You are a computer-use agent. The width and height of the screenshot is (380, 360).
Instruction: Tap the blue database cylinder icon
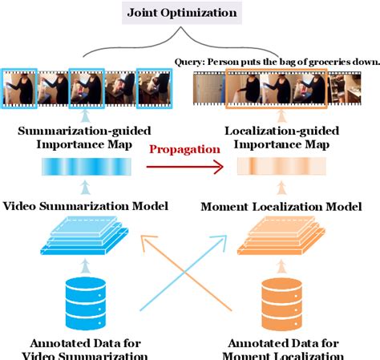[80, 297]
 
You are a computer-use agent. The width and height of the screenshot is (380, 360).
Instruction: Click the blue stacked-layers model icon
[80, 237]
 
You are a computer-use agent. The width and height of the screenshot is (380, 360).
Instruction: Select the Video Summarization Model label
[86, 206]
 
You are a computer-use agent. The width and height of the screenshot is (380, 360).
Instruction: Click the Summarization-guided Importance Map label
[86, 137]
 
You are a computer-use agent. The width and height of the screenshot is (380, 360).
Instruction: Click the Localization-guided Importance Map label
[281, 137]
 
